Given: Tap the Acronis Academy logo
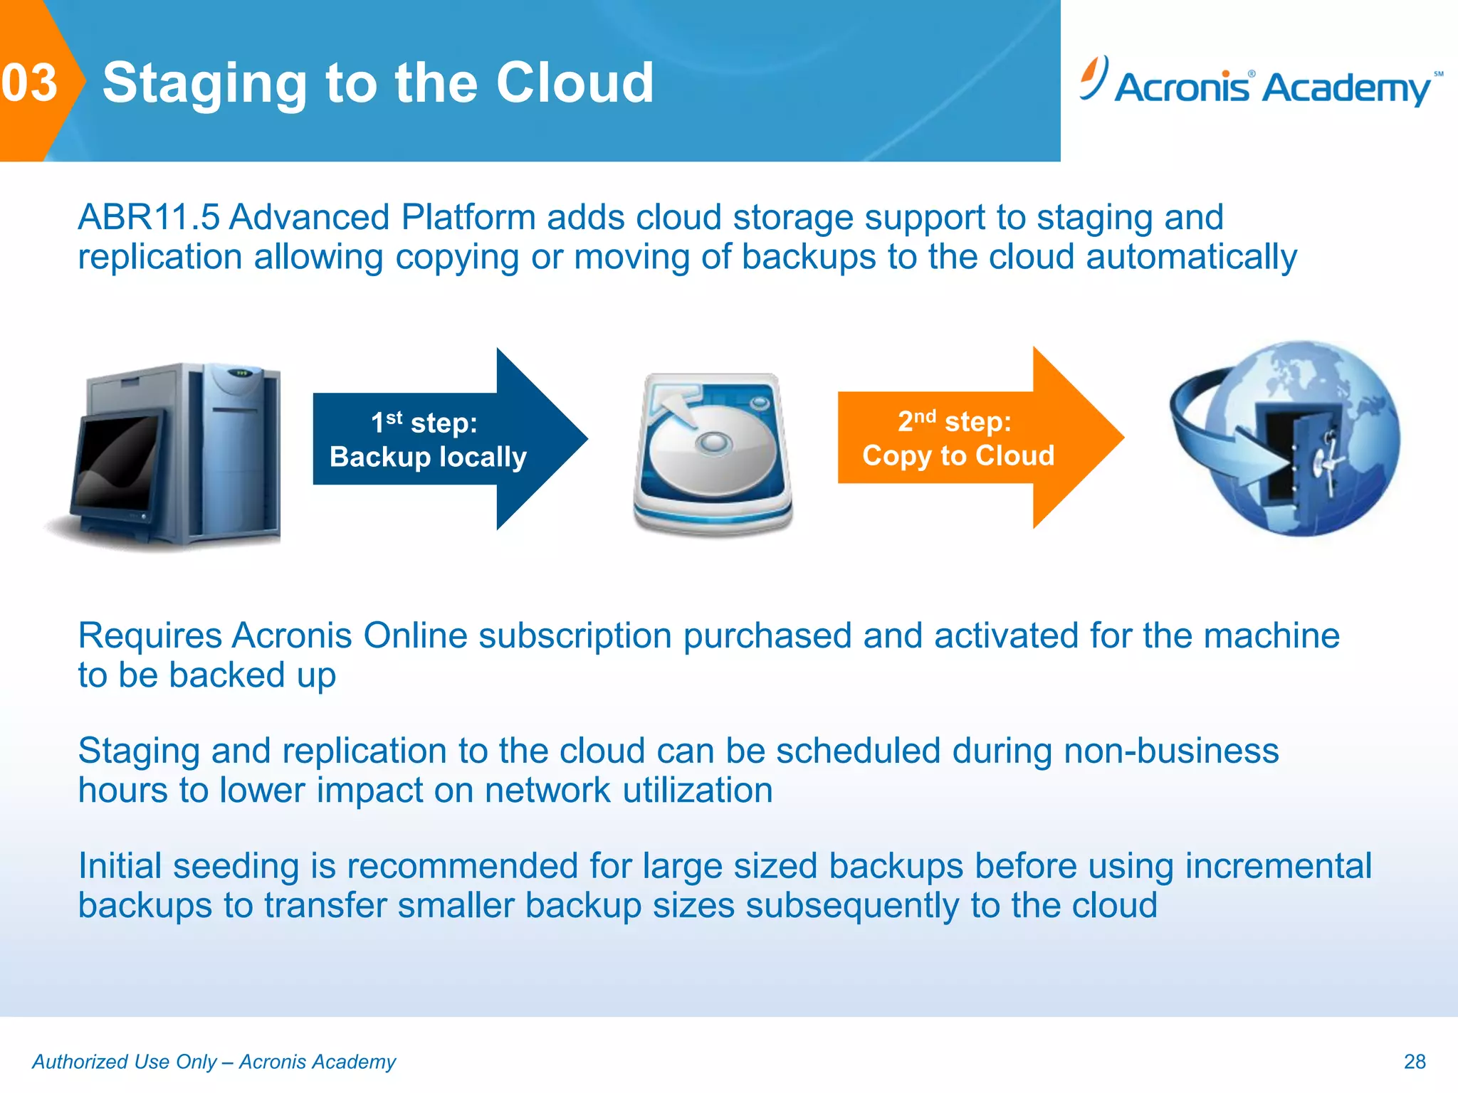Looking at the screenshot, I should pyautogui.click(x=1260, y=84).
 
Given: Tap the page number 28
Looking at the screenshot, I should pyautogui.click(x=1414, y=1061).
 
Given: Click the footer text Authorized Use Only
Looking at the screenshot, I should pyautogui.click(x=125, y=1061).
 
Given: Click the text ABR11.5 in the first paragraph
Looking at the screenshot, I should pyautogui.click(x=148, y=217).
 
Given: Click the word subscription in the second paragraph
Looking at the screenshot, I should pyautogui.click(x=575, y=635).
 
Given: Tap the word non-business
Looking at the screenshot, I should pyautogui.click(x=1170, y=751).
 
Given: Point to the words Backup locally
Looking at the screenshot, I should pyautogui.click(x=428, y=457).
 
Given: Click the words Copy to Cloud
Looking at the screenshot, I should pyautogui.click(x=958, y=455).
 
